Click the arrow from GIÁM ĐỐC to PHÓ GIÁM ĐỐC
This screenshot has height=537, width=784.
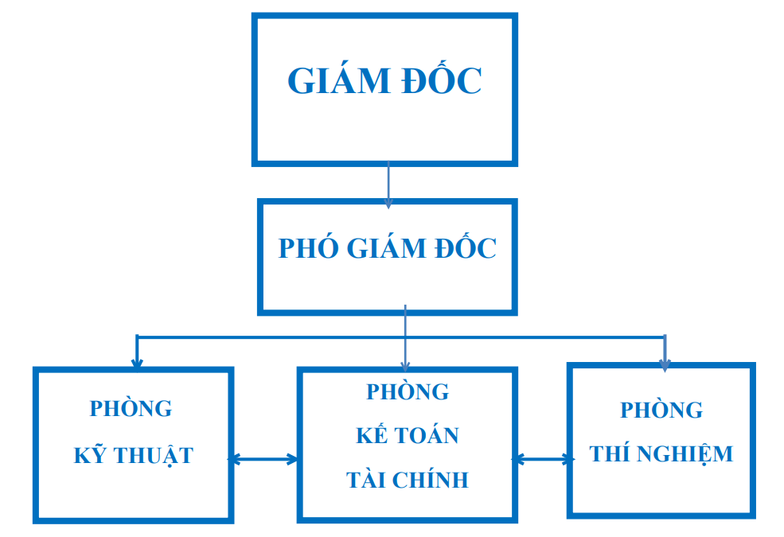[x=388, y=185]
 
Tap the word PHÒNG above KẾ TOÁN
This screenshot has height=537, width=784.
[x=408, y=391]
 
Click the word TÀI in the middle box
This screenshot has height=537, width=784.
[x=365, y=479]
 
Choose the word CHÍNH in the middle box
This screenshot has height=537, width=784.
[x=430, y=479]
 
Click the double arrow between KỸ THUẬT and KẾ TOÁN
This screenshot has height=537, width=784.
[x=263, y=459]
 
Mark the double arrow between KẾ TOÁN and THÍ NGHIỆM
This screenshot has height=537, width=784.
[x=543, y=459]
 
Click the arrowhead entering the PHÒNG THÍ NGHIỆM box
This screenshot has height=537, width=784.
[x=665, y=365]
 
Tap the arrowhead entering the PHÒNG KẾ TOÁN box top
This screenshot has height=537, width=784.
[x=405, y=366]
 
